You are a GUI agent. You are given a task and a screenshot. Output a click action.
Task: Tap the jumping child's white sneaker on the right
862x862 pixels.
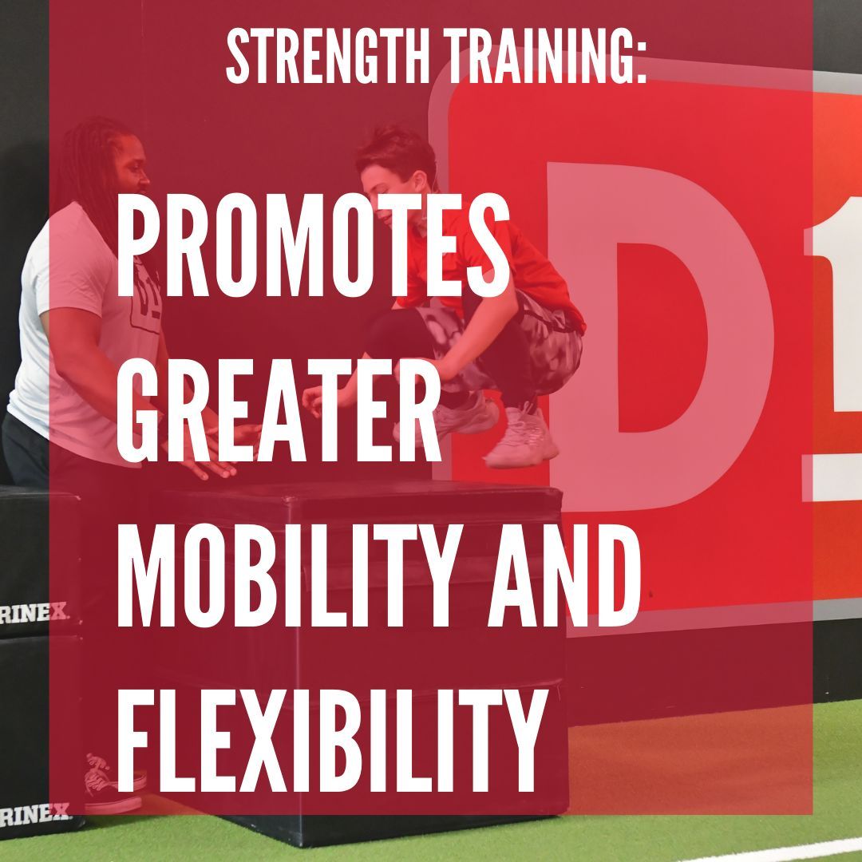point(523,435)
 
